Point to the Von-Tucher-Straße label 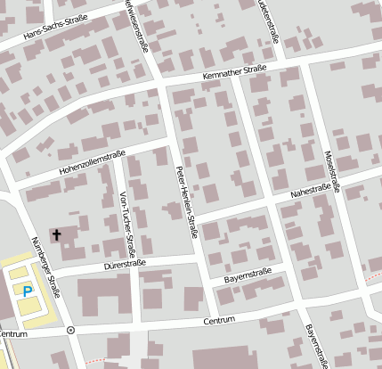(125, 220)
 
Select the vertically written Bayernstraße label (313, 345)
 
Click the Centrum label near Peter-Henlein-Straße (218, 319)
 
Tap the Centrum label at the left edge (12, 333)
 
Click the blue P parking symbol (28, 291)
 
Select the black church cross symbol (57, 235)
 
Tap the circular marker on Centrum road (71, 329)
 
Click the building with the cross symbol (64, 238)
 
